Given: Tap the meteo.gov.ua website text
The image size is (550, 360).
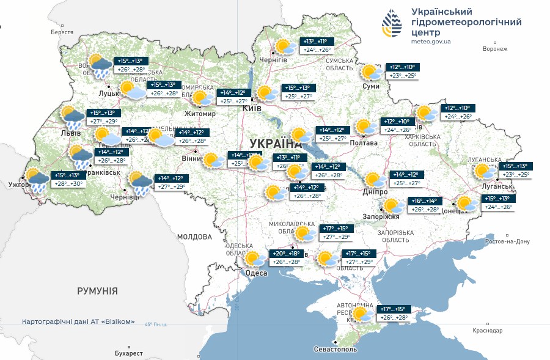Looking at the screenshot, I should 431,42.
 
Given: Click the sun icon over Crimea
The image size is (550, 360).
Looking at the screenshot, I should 362,314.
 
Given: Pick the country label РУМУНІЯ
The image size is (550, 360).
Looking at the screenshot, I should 97,291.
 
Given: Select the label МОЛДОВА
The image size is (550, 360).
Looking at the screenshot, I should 194,237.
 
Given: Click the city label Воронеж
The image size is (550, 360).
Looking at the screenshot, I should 495,49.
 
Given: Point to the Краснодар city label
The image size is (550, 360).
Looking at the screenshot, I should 487,331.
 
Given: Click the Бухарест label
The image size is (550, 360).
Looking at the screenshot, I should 128,353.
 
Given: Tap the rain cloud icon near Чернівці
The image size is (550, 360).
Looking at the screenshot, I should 141,183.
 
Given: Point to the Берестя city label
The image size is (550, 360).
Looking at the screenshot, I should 62,32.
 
